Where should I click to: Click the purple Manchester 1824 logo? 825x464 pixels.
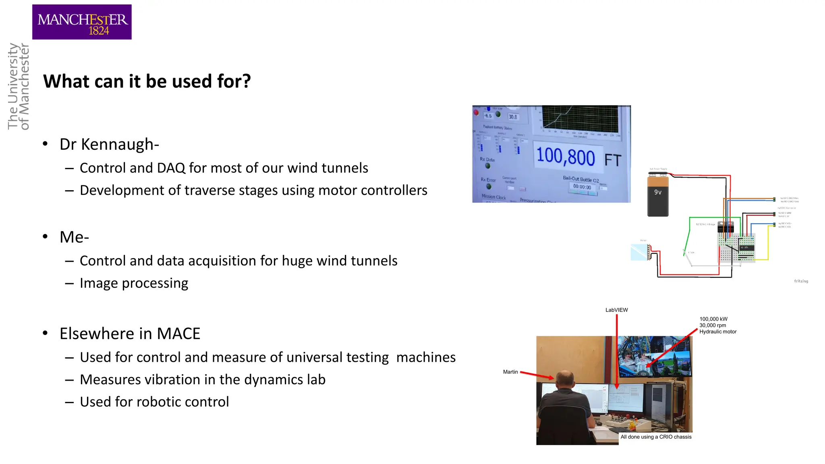tap(82, 22)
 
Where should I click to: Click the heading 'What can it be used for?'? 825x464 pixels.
tap(147, 81)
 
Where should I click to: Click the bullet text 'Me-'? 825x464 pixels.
tap(74, 237)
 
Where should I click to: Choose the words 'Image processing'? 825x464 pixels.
tap(134, 283)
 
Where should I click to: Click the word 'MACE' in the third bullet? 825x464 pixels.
tap(178, 333)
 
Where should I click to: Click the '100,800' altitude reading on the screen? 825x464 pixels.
tap(565, 156)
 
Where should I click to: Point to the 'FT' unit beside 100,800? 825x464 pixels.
tap(612, 160)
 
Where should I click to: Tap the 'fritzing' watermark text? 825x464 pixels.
tap(801, 281)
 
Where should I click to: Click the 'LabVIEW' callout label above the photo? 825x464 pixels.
tap(616, 310)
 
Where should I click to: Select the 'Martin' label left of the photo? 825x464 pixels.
tap(510, 372)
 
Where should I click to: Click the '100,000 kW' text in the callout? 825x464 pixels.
tap(713, 319)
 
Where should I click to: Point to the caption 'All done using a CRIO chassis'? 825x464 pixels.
tap(655, 437)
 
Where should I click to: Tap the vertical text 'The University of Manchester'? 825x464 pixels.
tap(19, 86)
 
